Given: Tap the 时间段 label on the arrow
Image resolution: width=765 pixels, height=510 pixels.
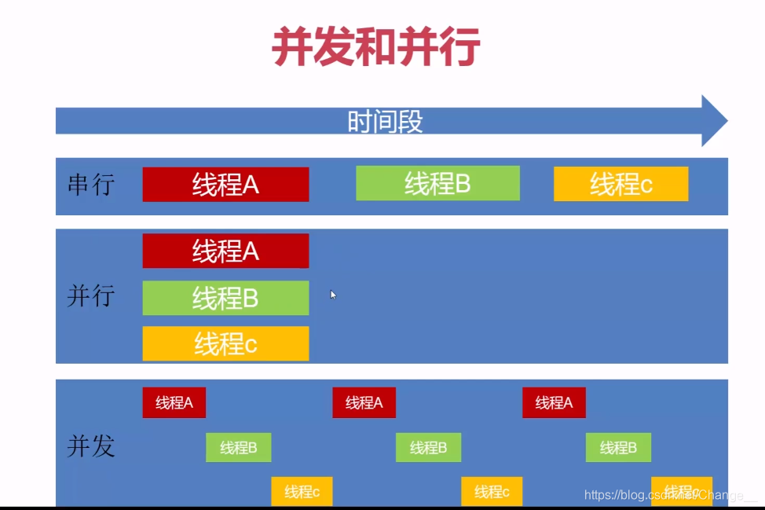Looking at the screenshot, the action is [x=385, y=122].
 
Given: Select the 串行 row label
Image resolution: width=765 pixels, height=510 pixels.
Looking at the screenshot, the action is [x=91, y=185].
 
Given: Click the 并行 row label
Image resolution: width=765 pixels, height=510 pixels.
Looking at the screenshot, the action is [x=91, y=296].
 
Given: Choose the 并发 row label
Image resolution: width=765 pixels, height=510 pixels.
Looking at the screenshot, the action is [x=91, y=446].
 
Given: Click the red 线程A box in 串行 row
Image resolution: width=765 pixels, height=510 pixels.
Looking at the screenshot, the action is [x=225, y=184].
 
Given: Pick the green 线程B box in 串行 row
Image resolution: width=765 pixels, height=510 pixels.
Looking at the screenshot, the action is [x=437, y=183].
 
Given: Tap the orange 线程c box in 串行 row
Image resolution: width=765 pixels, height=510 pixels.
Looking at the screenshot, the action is [x=620, y=184].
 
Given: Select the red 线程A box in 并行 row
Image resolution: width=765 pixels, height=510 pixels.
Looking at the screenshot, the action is [x=225, y=251].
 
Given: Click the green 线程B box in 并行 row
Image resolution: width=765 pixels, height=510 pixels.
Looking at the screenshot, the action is [x=225, y=298].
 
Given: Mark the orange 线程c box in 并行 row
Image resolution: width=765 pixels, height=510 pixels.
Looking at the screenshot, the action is [x=225, y=344].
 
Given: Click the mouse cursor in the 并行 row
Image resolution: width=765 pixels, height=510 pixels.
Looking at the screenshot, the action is [x=333, y=295].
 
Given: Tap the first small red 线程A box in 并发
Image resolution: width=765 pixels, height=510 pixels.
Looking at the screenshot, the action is [x=174, y=402].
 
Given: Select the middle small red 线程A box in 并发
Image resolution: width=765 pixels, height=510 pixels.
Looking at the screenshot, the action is [x=364, y=402].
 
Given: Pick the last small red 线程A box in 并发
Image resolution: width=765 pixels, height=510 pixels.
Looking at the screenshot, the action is [x=554, y=402].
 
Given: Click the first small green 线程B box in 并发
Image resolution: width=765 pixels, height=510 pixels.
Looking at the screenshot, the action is [x=239, y=447].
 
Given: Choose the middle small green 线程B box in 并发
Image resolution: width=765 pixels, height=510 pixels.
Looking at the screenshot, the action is [x=428, y=447].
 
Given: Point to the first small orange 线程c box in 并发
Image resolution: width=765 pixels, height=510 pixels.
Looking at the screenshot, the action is [x=302, y=491].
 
